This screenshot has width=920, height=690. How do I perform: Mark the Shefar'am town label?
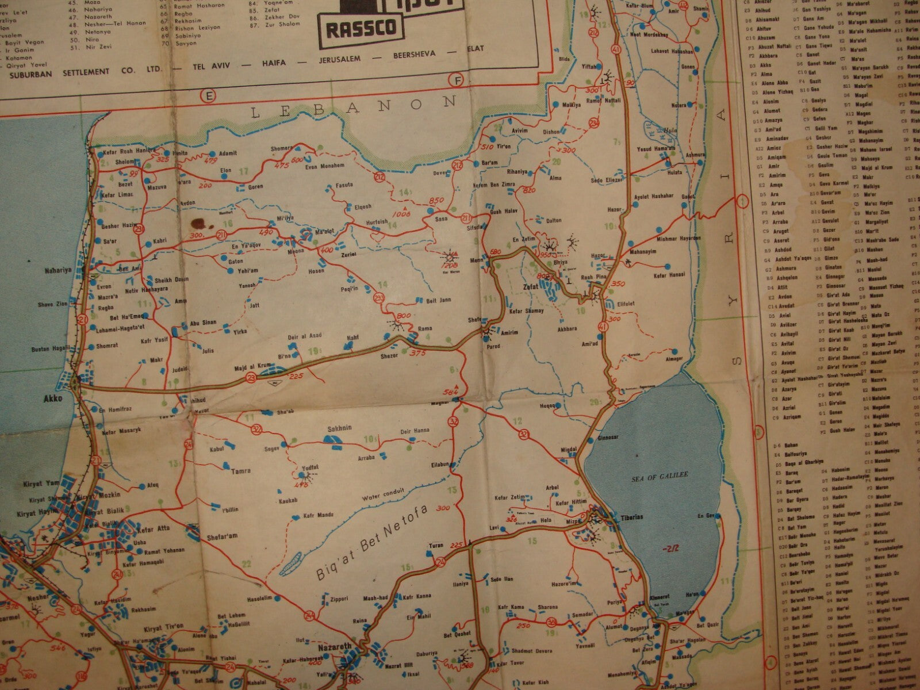coord(222,535)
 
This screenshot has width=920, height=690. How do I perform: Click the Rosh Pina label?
coord(595,277)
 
